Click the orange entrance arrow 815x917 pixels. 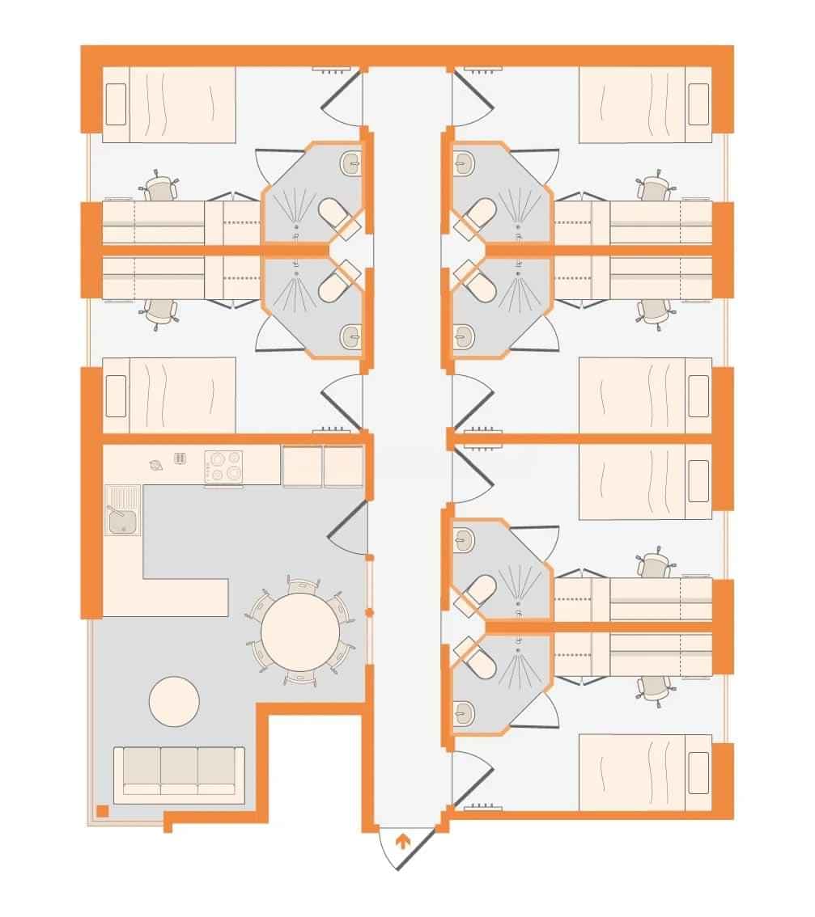tap(401, 841)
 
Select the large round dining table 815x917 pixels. tap(300, 632)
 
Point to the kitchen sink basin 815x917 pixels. tap(124, 520)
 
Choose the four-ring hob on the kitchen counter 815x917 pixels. tap(224, 467)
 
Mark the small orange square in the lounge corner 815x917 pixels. tap(102, 809)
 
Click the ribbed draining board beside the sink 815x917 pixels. tap(124, 495)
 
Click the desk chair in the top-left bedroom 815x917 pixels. tap(160, 189)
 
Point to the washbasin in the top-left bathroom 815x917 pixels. tap(353, 163)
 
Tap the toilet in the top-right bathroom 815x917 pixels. tap(479, 215)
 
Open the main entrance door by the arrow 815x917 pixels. tap(401, 849)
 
